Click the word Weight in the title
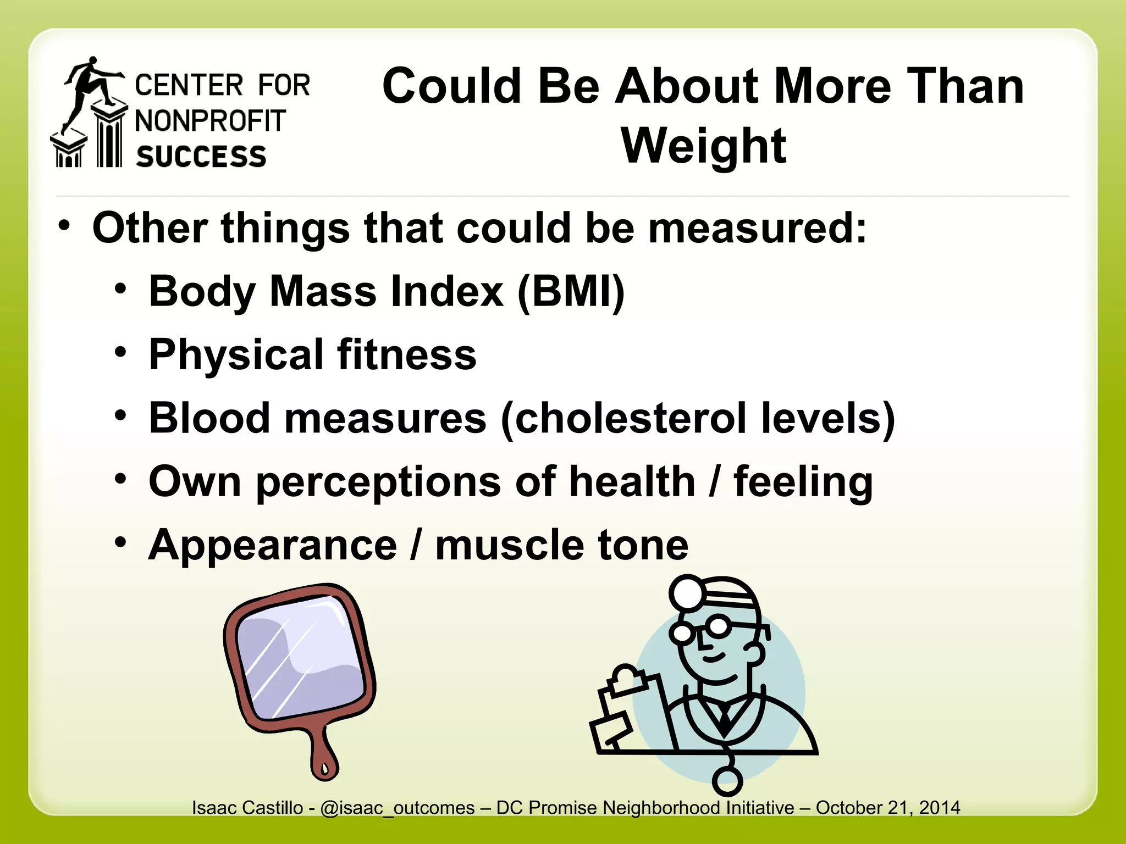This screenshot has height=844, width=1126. click(703, 146)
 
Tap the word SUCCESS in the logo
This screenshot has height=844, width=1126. click(201, 157)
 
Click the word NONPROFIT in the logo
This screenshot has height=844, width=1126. click(211, 121)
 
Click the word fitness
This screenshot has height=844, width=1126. click(406, 354)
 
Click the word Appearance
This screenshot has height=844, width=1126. click(273, 545)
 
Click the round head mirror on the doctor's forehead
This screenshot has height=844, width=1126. click(687, 593)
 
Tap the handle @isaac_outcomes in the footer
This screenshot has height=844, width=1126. click(397, 808)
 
